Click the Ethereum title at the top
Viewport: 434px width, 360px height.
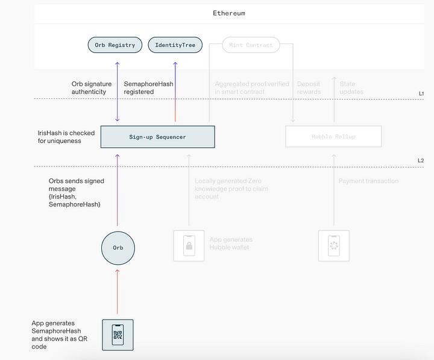click(x=229, y=13)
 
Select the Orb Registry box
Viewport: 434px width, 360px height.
click(x=115, y=45)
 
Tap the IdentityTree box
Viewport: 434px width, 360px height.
click(x=175, y=45)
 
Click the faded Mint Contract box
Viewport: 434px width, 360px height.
click(x=251, y=45)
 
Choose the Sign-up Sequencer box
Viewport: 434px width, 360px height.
click(x=158, y=137)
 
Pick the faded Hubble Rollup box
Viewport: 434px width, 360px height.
click(x=333, y=136)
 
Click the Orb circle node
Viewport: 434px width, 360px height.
click(x=118, y=247)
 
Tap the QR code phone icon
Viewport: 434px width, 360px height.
click(x=118, y=335)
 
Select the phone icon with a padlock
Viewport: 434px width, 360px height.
click(x=189, y=245)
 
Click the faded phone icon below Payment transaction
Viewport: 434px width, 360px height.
click(x=333, y=245)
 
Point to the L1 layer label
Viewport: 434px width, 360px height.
click(x=421, y=93)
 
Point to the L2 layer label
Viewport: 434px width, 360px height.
click(x=421, y=161)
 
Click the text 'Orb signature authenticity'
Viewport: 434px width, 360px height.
click(x=89, y=88)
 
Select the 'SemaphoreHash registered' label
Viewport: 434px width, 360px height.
click(x=148, y=88)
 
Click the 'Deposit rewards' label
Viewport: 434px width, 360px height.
click(x=309, y=88)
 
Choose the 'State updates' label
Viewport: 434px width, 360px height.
click(x=351, y=88)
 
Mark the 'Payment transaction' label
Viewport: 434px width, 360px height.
click(x=368, y=181)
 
